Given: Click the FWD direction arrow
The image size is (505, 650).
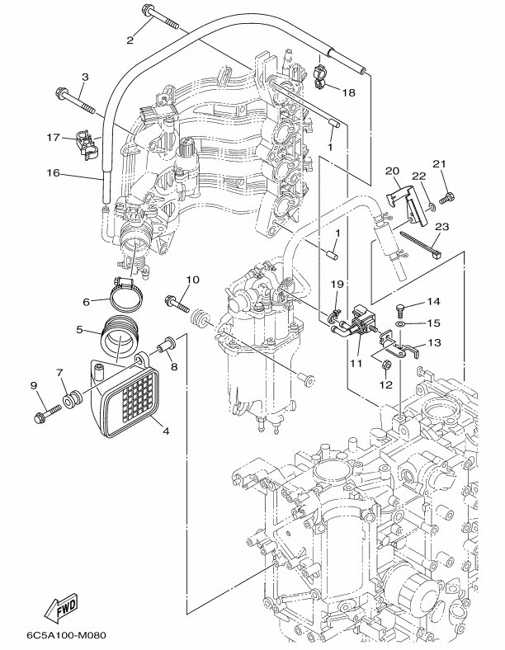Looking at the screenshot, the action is pos(61,608).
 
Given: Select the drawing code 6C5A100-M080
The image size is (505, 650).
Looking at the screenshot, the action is pos(67,634).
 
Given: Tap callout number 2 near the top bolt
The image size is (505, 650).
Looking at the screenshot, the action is pos(130,40).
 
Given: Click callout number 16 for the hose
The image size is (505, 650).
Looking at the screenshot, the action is pos(54,173).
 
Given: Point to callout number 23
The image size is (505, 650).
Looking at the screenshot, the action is pos(442,227).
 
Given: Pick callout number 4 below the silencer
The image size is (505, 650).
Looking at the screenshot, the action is pos(166,431).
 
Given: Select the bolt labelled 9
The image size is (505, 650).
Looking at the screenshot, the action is pos(47,413).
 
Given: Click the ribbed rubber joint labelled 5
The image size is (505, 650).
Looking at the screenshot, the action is pos(120,336).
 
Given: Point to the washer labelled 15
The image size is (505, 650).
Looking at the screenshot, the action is pos(400,323).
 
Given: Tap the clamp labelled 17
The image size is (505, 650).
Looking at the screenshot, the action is pos(87,145).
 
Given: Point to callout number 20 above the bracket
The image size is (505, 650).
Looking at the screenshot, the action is pos(391,171).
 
